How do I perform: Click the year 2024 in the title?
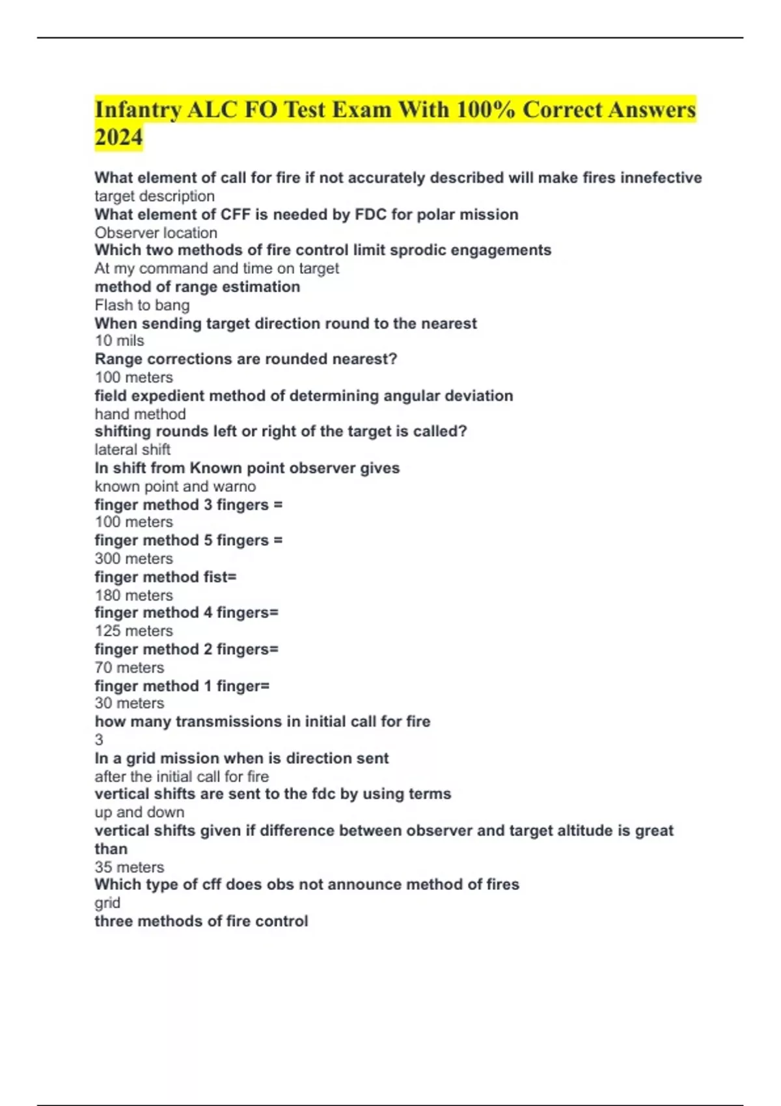[118, 137]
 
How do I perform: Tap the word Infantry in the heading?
[137, 109]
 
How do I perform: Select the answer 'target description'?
[154, 196]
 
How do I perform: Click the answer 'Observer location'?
[156, 233]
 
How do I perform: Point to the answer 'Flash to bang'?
[142, 305]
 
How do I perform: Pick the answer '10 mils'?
[119, 340]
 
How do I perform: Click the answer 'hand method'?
[140, 414]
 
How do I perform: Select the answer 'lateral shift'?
[132, 450]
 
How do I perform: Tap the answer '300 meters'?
[133, 558]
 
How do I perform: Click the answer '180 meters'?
[133, 595]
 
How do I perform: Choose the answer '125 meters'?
[133, 630]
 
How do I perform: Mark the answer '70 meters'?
[129, 668]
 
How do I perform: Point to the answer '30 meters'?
[129, 703]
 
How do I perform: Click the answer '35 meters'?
[129, 867]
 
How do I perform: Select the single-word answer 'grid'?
[107, 903]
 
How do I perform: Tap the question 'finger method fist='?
[165, 577]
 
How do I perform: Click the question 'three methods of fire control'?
[201, 921]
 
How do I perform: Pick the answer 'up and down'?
[139, 812]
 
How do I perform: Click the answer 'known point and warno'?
[175, 486]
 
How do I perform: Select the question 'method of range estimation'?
[197, 287]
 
